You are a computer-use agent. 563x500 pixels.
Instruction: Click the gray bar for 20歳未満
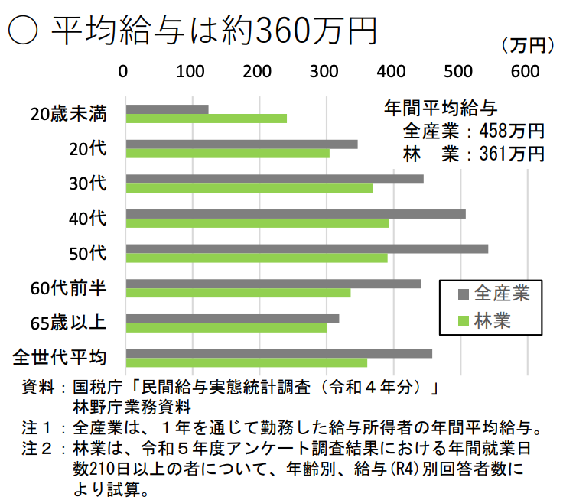(x=167, y=109)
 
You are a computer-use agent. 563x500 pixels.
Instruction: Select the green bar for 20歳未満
(x=206, y=119)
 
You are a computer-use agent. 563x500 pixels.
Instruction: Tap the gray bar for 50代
(x=307, y=248)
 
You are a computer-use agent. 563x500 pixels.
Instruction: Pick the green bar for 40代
(x=257, y=223)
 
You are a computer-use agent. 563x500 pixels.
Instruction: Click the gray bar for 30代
(x=274, y=179)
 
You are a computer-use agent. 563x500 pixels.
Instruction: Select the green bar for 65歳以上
(x=226, y=328)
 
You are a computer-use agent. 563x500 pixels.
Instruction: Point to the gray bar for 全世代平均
(x=278, y=353)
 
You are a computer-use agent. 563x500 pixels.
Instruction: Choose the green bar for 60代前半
(x=238, y=293)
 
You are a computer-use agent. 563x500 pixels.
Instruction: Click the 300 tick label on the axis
(x=325, y=71)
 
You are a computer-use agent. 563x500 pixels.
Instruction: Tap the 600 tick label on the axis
(x=526, y=71)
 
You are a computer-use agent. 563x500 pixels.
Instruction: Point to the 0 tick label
(x=124, y=71)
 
